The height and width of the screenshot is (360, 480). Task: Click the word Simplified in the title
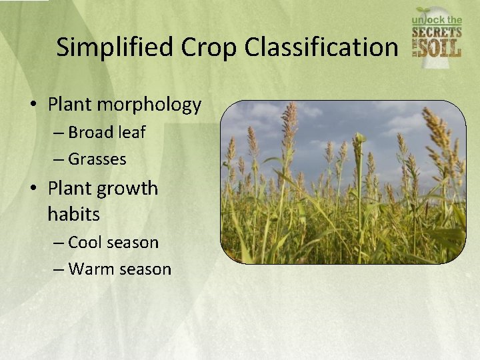point(106,47)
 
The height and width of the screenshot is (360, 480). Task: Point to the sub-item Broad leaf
point(107,132)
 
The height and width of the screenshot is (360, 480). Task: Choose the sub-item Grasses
point(97,159)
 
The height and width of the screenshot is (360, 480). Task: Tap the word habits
point(73,214)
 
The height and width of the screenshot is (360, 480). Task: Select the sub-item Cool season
point(113,242)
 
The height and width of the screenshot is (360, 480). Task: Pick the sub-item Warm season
point(119,269)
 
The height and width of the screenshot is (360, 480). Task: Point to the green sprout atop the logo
point(424,11)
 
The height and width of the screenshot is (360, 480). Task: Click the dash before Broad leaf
point(58,133)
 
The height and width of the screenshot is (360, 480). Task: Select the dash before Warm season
point(58,270)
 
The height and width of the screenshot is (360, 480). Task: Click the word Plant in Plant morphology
point(71,105)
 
